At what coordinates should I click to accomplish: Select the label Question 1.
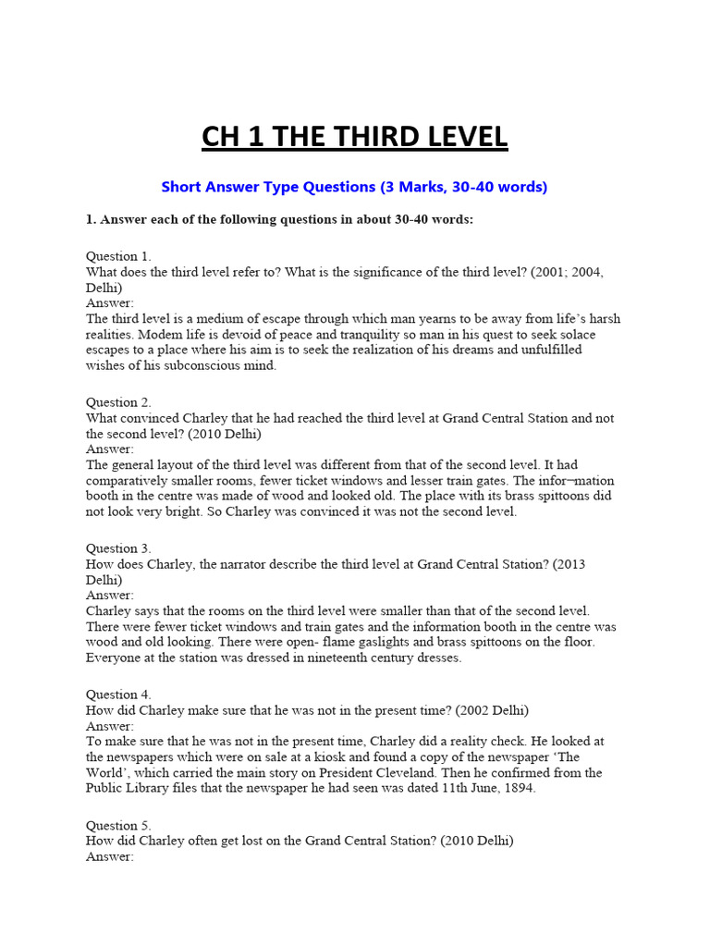[x=118, y=256]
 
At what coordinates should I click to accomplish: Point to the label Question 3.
[x=118, y=548]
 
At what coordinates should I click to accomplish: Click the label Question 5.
[x=118, y=825]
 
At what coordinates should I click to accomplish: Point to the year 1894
[x=520, y=788]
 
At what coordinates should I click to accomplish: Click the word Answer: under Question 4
[x=110, y=726]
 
